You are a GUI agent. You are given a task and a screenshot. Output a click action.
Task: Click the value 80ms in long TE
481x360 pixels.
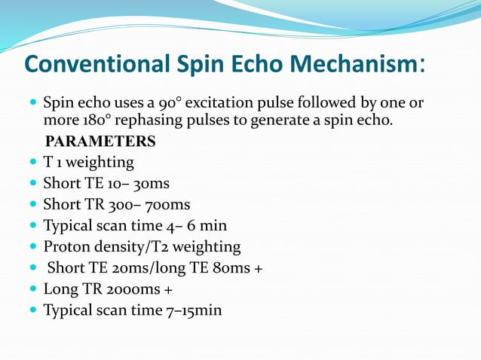click(231, 267)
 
